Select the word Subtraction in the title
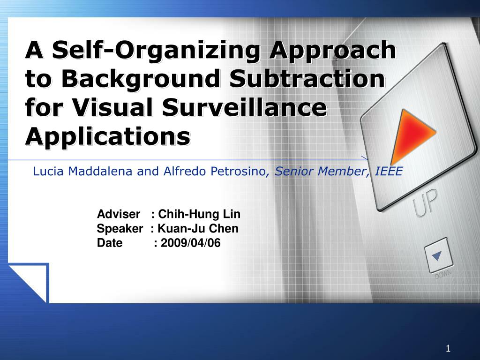(307, 78)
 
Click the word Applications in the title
(108, 136)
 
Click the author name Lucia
(48, 171)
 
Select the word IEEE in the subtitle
(389, 171)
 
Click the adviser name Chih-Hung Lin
(199, 214)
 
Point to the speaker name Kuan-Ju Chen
(198, 228)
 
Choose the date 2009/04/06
(191, 243)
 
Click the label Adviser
(119, 214)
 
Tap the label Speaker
(120, 229)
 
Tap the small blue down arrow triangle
(437, 255)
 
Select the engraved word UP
(425, 202)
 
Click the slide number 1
(448, 348)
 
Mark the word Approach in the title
(333, 50)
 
